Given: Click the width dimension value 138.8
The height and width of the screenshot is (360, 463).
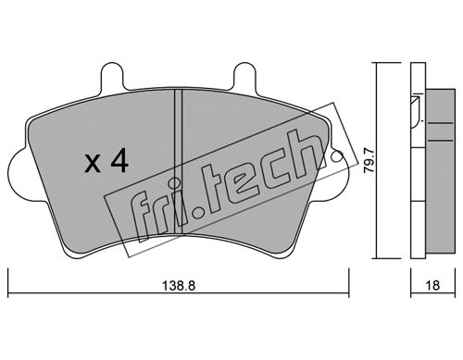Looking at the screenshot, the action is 179,286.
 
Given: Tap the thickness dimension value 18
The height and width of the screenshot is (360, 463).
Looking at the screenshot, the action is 433,286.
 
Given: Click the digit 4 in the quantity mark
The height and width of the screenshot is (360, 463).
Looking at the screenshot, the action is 119,161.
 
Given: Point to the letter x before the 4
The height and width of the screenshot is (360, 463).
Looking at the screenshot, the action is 93,164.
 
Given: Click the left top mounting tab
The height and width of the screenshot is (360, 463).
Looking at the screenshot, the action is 110,77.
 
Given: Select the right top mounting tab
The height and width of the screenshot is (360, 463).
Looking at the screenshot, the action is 244,77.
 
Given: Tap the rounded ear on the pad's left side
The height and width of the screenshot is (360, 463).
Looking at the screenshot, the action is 19,175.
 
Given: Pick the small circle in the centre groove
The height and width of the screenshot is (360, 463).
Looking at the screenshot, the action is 175,183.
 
